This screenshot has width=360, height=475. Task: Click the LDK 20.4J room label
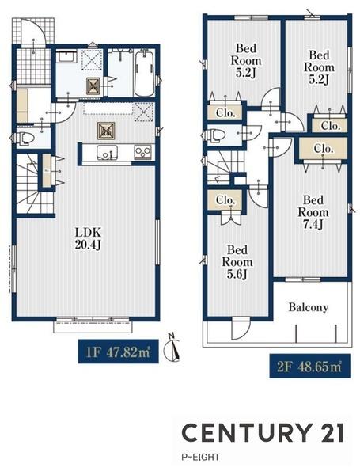[x=88, y=238]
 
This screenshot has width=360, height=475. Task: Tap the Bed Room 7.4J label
[x=313, y=212]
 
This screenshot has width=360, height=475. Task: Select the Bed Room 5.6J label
[x=237, y=262]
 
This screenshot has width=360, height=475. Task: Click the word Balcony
[x=309, y=307]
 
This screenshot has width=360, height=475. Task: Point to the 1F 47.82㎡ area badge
[x=119, y=351]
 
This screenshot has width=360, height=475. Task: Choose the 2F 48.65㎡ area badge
[x=309, y=366]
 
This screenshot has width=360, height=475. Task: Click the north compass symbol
[x=172, y=348]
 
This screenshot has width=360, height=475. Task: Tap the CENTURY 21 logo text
[x=263, y=432]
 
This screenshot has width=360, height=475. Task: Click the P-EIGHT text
[x=200, y=457]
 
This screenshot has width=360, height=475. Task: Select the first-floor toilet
[x=25, y=139]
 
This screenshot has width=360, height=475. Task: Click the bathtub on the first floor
[x=144, y=74]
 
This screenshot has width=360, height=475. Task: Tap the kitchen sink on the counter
[x=107, y=152]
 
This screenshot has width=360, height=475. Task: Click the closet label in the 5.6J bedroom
[x=225, y=200]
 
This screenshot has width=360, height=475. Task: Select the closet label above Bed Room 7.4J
[x=324, y=149]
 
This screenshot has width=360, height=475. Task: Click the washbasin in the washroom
[x=66, y=57]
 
